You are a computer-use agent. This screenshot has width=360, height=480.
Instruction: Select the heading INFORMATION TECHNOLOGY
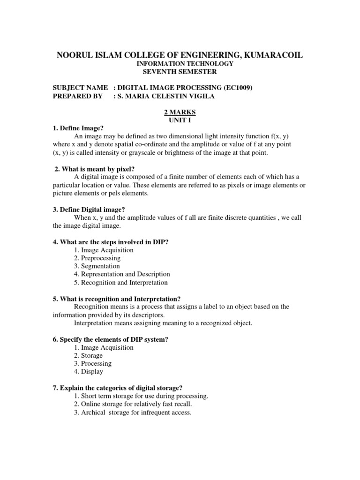[180, 64]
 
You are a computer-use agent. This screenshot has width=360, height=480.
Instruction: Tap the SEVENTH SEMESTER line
[180, 72]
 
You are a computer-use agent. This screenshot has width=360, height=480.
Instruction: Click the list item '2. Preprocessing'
[97, 258]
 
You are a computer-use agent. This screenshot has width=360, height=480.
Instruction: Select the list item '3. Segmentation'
[97, 266]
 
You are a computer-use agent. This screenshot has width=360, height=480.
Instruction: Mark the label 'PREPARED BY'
[76, 96]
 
